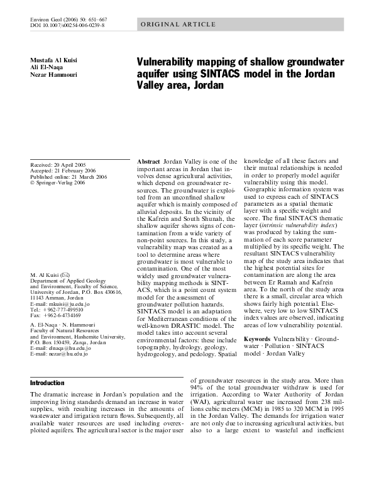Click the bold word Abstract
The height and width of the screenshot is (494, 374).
tap(149, 162)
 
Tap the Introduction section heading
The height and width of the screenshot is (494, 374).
tap(48, 383)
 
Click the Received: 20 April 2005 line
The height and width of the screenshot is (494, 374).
tap(58, 164)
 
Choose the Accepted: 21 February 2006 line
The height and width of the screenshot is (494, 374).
tap(61, 171)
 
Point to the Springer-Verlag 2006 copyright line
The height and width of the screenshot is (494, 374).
tap(58, 183)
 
